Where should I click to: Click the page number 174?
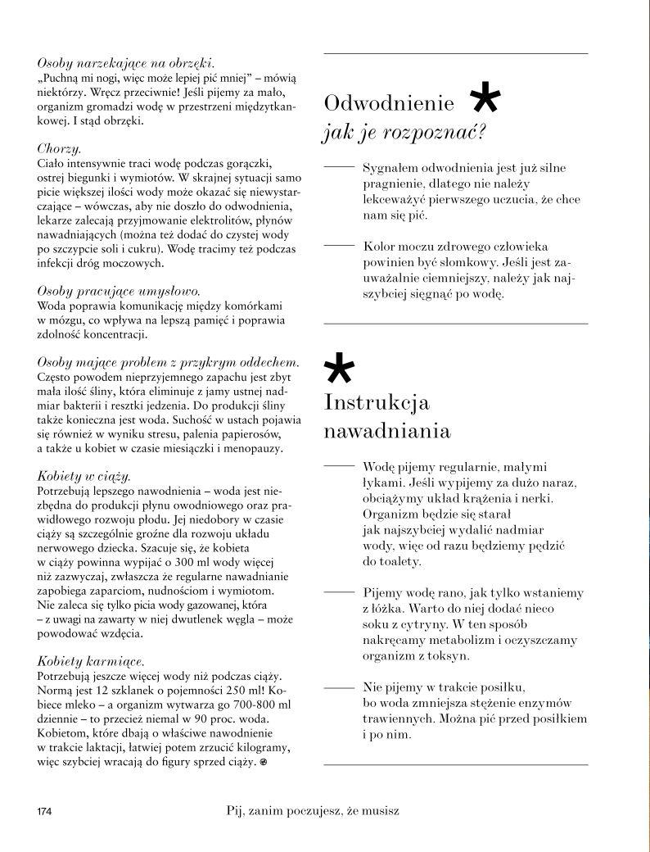pos(43,812)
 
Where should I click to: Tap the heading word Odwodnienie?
pos(390,103)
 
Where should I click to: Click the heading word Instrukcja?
pos(377,403)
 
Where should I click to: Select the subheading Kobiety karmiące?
pos(91,660)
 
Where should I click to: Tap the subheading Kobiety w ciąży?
pos(84,475)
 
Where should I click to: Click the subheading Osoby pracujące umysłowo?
pos(120,291)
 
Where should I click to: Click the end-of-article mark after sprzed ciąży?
pos(264,763)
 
